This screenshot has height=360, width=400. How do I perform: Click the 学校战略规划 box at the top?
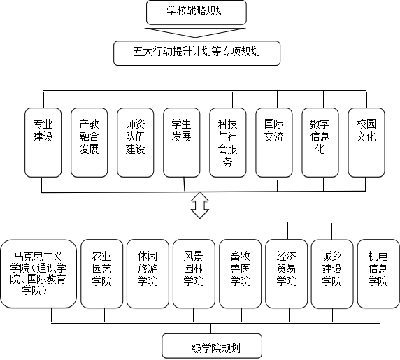pos(197,13)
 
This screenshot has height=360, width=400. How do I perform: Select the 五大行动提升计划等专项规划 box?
pos(197,53)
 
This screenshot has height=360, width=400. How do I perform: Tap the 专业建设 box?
pos(43,143)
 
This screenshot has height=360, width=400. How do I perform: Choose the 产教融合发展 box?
pos(89,143)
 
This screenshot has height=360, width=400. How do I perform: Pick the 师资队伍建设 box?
pos(135,143)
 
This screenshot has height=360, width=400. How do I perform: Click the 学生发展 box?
pos(181,143)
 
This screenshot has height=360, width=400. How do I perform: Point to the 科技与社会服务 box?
pos(227,143)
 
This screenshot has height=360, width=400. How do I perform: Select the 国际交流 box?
pos(273,143)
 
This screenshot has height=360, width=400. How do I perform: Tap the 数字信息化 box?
pos(320,143)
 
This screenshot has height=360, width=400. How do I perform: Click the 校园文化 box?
pos(366,143)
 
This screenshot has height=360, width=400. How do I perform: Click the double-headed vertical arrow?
pos(200,206)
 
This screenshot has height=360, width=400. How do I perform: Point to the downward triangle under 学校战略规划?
pos(195,32)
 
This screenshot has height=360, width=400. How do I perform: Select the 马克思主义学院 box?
pos(38,274)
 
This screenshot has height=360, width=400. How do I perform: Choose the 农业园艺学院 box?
pos(101,274)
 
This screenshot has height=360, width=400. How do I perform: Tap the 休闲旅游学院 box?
pos(148,274)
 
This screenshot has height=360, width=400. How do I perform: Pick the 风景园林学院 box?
pos(194,274)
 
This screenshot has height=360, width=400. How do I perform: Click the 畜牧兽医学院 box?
pos(240,274)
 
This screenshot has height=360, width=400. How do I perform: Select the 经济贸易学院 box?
pos(286,274)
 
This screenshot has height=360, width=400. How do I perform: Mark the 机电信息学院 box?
pos(378,274)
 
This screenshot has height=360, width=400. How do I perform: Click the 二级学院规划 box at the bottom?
pos(212,346)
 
